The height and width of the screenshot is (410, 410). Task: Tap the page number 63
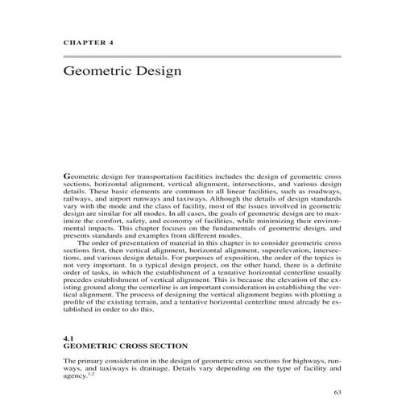[x=337, y=392]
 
